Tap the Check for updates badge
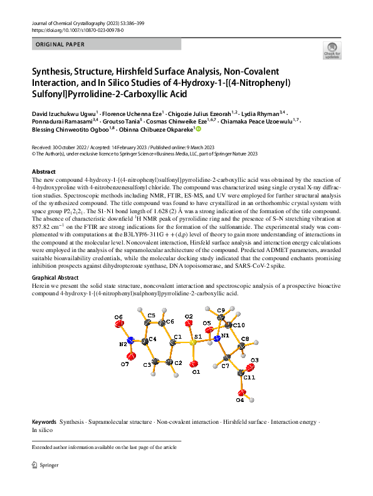[x=331, y=50]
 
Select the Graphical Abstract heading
[x=55, y=277]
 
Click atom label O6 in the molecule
[x=118, y=318]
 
